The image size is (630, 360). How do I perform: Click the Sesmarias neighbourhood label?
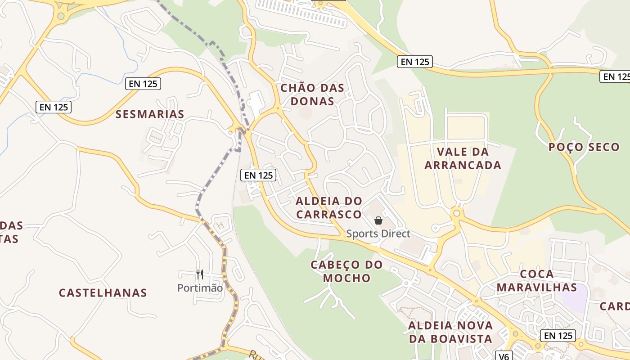click(150, 114)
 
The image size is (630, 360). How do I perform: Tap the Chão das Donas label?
click(312, 94)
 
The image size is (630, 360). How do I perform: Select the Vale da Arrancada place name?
click(463, 158)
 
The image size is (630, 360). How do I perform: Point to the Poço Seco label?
click(584, 147)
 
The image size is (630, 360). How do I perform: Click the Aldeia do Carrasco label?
click(328, 207)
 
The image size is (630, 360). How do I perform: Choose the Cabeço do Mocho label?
click(346, 271)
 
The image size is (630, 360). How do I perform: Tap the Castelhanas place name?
click(103, 293)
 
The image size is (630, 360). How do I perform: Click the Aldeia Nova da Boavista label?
click(450, 332)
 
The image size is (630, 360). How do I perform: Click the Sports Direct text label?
click(378, 234)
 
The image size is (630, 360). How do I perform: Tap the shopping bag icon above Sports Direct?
click(378, 220)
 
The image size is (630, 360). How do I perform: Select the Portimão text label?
click(200, 288)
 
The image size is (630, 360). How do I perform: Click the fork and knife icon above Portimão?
click(200, 274)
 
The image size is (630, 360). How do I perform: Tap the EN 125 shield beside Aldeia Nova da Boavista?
click(558, 335)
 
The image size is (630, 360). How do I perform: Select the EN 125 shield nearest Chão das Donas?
click(414, 62)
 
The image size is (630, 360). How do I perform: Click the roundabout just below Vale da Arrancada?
click(457, 213)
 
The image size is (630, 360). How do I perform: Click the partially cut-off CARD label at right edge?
click(616, 306)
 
